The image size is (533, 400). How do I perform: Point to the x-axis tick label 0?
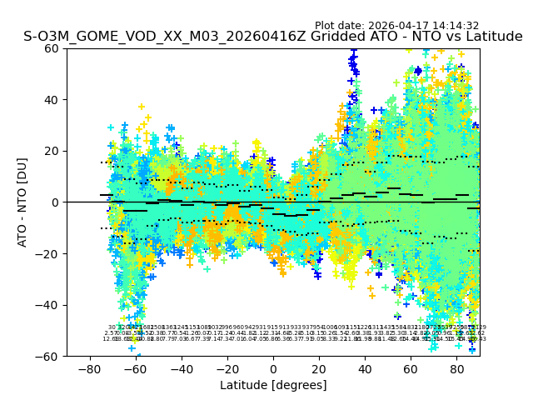tap(273, 369)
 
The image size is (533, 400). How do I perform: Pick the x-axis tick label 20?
tap(319, 369)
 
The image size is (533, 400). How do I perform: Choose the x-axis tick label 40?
tap(365, 369)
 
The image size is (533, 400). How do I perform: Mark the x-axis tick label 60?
tap(411, 369)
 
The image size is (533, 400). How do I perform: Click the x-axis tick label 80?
tap(457, 369)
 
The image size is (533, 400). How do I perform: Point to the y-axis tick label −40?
tap(50, 305)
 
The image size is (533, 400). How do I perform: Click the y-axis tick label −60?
tap(50, 357)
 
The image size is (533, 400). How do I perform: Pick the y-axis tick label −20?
tap(50, 254)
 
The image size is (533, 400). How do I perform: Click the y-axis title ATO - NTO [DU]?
tap(23, 202)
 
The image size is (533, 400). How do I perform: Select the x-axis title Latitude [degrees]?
tap(273, 385)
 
